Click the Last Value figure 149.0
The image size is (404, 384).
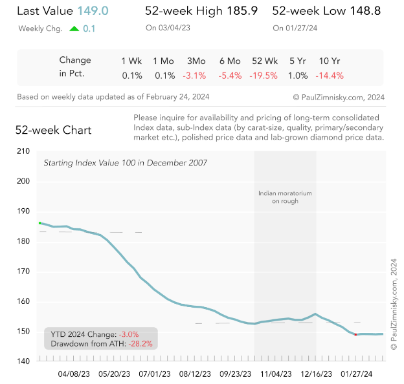(93, 11)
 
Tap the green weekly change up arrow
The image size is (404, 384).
(74, 28)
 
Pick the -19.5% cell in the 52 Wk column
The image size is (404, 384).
(264, 75)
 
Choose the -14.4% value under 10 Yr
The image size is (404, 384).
(330, 75)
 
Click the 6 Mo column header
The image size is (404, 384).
(230, 61)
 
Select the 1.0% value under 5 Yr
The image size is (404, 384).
(298, 75)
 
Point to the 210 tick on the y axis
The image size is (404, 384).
(24, 151)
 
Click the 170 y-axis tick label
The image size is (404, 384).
(24, 272)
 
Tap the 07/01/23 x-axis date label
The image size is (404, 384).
(155, 373)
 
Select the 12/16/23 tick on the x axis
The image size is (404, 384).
(316, 373)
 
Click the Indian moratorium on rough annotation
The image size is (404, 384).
(285, 197)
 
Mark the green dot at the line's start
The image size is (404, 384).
(40, 222)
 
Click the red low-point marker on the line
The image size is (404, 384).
(355, 334)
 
